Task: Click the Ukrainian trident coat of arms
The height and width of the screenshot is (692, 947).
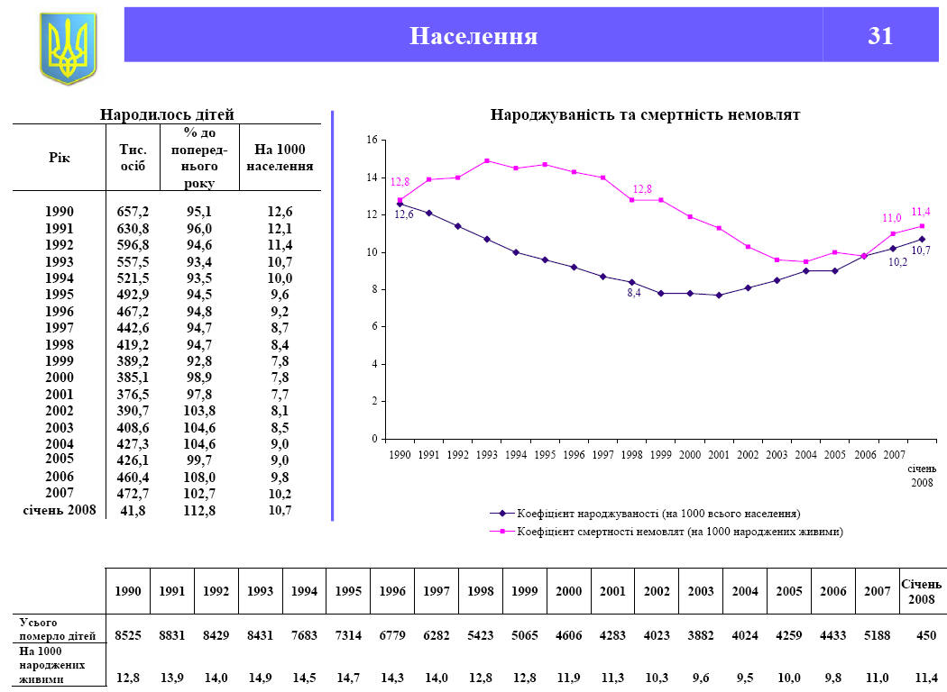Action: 68,49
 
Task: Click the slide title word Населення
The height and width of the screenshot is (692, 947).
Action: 473,35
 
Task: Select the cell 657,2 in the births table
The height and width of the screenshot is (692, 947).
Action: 133,212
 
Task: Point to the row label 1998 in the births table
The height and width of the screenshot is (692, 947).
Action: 60,344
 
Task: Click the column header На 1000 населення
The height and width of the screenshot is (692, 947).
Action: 280,159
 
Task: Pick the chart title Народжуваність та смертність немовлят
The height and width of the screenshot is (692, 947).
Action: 645,115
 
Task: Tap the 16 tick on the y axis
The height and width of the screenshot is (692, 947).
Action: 372,141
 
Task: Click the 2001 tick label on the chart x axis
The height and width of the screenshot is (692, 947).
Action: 718,455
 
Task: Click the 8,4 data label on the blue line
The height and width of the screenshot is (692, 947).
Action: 634,294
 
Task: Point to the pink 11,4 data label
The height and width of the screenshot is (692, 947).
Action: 921,212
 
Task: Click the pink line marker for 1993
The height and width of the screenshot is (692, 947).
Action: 487,161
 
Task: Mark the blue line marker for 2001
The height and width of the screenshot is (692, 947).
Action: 719,295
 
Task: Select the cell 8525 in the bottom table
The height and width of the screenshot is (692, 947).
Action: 128,635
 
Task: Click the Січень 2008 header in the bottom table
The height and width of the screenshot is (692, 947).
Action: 921,592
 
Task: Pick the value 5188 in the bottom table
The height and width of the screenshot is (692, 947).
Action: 877,635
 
